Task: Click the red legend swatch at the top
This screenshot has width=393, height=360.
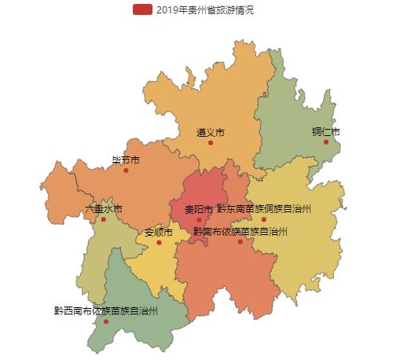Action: tap(142, 9)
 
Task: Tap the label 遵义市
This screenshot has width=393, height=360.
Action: tap(211, 133)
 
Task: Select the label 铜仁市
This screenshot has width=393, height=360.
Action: tap(325, 131)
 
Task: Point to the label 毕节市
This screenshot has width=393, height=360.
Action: tap(126, 160)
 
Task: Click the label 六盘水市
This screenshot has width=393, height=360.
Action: tap(104, 209)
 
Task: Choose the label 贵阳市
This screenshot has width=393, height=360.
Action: tap(199, 210)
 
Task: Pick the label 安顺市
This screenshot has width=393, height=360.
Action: tap(159, 233)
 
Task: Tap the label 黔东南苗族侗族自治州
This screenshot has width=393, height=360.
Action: tap(264, 209)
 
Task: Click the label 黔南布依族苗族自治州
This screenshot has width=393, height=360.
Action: tap(241, 232)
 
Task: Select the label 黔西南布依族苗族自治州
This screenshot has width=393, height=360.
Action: tap(106, 311)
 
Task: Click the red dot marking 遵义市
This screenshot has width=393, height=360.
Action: tap(211, 143)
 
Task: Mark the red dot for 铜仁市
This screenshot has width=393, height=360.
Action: tap(325, 141)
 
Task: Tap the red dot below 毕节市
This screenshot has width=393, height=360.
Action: tap(126, 171)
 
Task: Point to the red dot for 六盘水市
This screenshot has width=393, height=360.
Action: tap(104, 219)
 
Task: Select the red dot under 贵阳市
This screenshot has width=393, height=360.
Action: tap(199, 220)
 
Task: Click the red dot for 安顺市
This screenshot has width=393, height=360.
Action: tap(159, 242)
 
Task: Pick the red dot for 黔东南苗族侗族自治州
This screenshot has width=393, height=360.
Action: tap(264, 219)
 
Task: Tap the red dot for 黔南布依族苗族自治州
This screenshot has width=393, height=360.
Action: tap(241, 241)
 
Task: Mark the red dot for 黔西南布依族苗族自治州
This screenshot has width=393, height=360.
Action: tap(106, 321)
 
